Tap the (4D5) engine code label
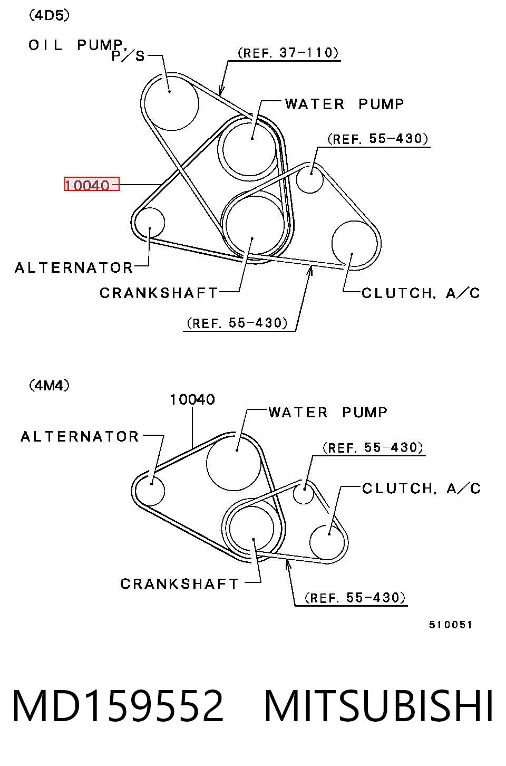[x=50, y=15]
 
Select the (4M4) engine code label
[x=50, y=386]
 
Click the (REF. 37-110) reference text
[x=288, y=53]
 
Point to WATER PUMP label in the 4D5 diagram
[x=344, y=104]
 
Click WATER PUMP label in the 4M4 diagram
[x=328, y=413]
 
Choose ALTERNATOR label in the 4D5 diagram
[x=74, y=268]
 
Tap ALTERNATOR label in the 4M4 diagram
[x=80, y=436]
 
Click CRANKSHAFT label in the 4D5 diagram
[x=159, y=293]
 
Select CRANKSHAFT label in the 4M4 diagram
[x=179, y=584]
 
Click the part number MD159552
[x=118, y=706]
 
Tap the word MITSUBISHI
[x=378, y=706]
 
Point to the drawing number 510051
[x=450, y=625]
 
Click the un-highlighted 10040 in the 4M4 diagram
[x=192, y=399]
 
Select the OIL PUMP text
[x=76, y=45]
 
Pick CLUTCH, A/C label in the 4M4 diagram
[x=421, y=489]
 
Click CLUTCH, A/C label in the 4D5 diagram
[x=421, y=293]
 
